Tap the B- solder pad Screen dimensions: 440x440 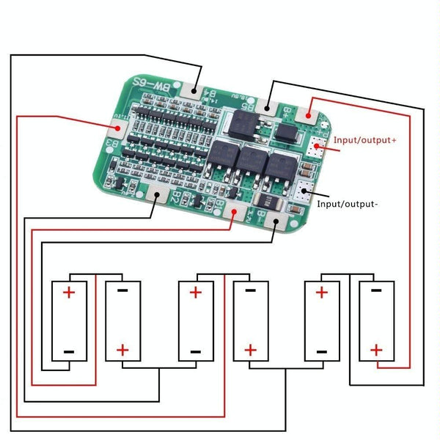click(x=274, y=218)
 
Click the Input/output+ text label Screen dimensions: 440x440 click(x=364, y=139)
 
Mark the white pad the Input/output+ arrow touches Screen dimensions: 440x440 click(x=317, y=146)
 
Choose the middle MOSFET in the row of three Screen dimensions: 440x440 click(x=251, y=163)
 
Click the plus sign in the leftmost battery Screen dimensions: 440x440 click(x=69, y=293)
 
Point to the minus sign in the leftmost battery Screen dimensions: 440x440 click(x=69, y=351)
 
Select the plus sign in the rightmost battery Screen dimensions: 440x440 click(x=376, y=351)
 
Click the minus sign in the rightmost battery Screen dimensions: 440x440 click(x=376, y=292)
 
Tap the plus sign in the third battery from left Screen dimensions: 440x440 click(x=196, y=293)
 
